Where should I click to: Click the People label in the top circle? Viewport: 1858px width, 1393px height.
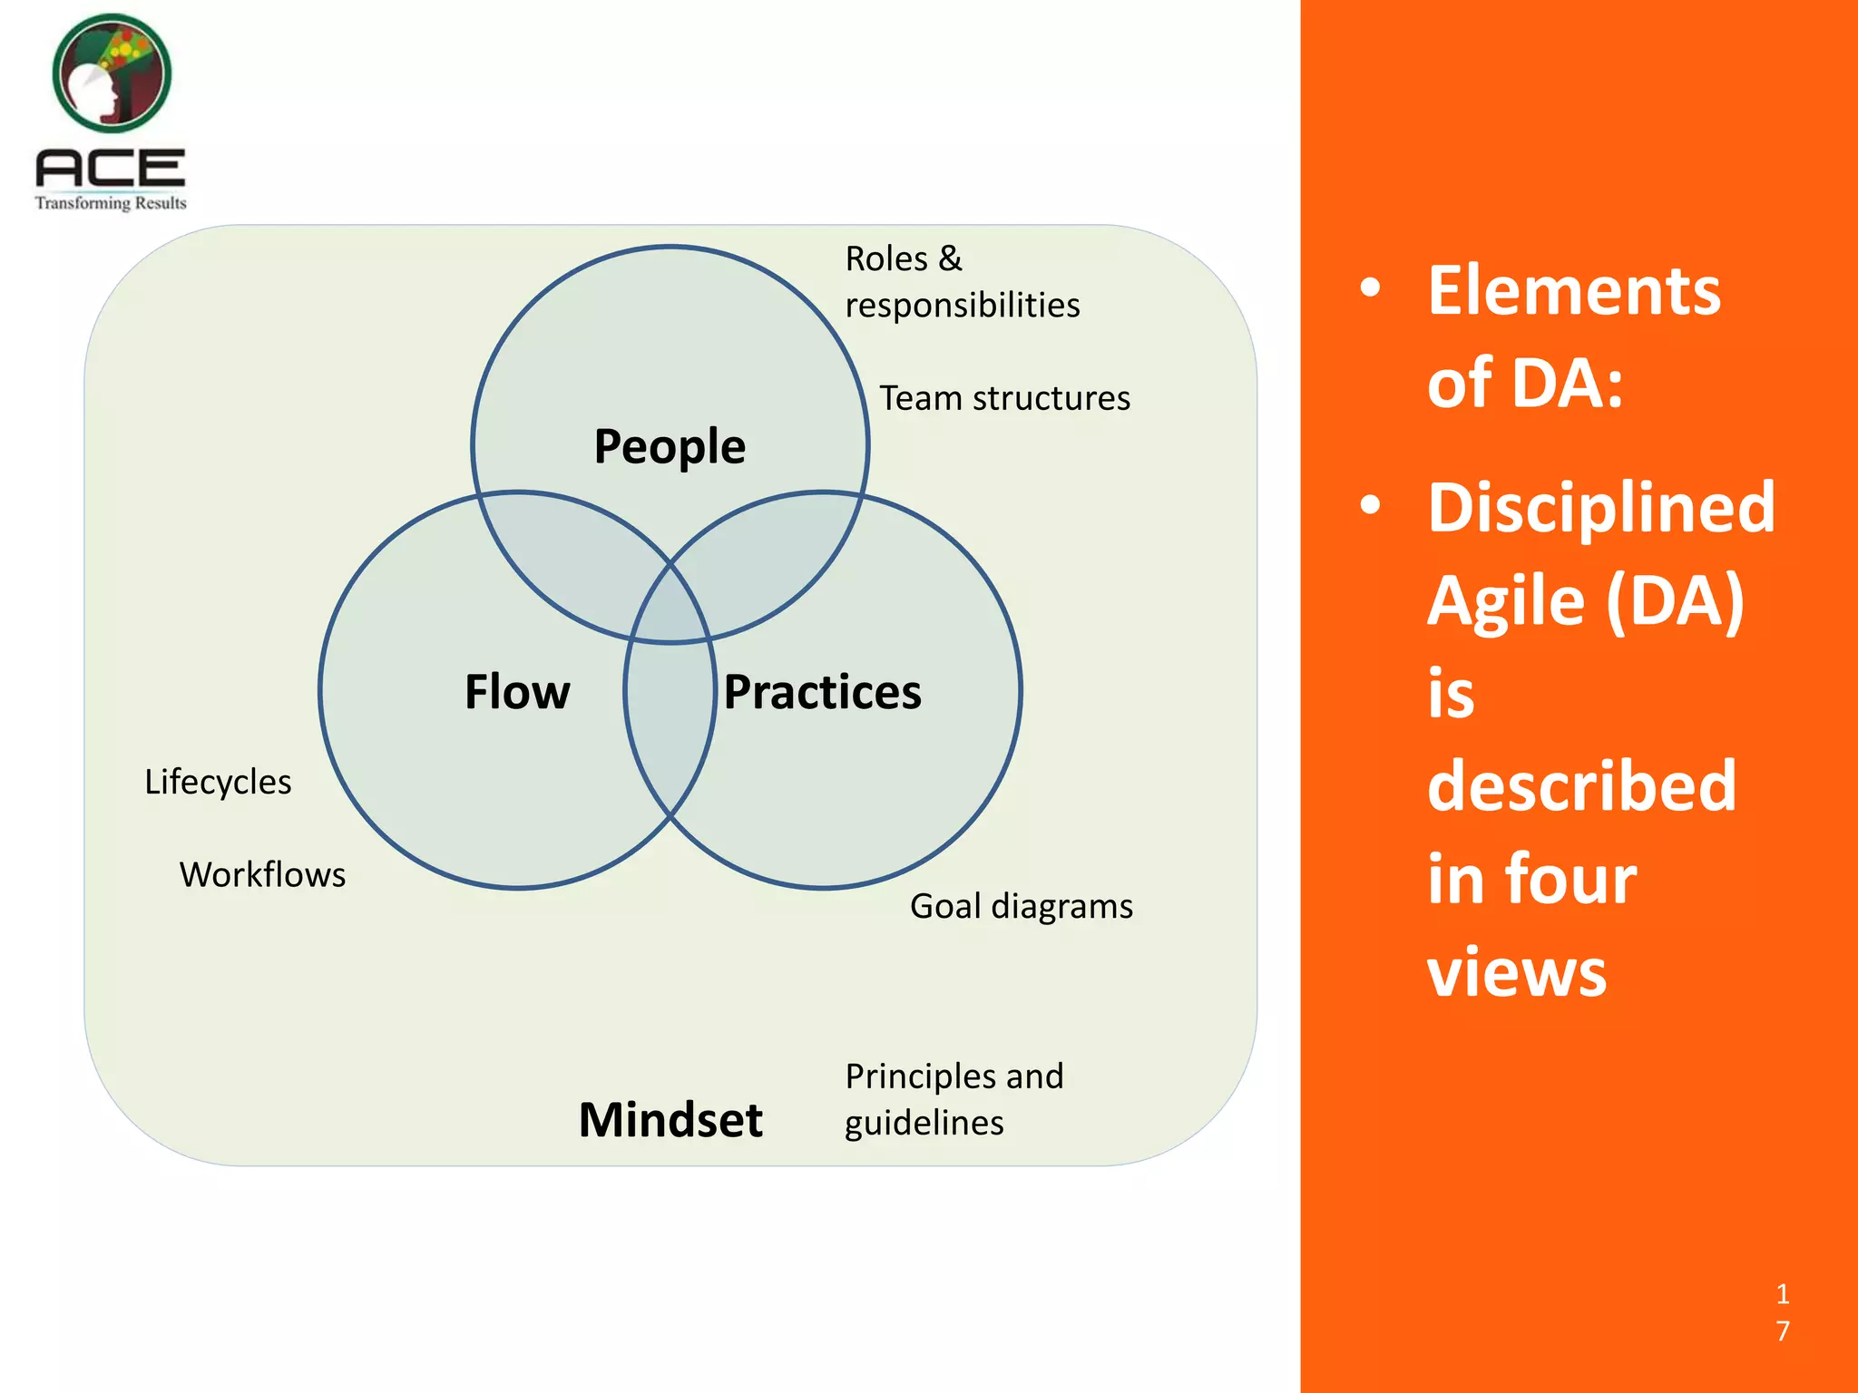click(x=670, y=446)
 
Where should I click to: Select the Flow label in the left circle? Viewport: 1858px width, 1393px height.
click(x=517, y=692)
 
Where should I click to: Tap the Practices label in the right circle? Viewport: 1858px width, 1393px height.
click(x=822, y=692)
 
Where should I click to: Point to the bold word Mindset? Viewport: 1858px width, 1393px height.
click(x=670, y=1119)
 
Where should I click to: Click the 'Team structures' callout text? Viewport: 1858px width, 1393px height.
click(x=1004, y=398)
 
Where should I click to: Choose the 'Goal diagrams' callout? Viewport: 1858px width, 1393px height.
click(x=1021, y=906)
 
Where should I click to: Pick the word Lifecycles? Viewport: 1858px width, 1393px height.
click(x=218, y=782)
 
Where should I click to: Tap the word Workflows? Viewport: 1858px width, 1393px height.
click(x=262, y=874)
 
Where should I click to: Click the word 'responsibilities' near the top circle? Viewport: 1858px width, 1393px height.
click(x=962, y=306)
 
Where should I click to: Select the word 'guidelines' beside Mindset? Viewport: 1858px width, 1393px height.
click(x=924, y=1123)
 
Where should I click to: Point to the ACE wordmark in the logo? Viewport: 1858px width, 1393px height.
click(x=111, y=169)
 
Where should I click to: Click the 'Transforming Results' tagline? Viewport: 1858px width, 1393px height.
click(x=111, y=203)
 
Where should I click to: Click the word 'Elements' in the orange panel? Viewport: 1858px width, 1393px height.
click(x=1573, y=290)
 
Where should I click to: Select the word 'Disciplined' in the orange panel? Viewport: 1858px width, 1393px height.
click(x=1600, y=507)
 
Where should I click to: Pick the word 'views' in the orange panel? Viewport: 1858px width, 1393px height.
click(x=1516, y=971)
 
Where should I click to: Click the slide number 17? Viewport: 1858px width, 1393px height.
click(x=1782, y=1311)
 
